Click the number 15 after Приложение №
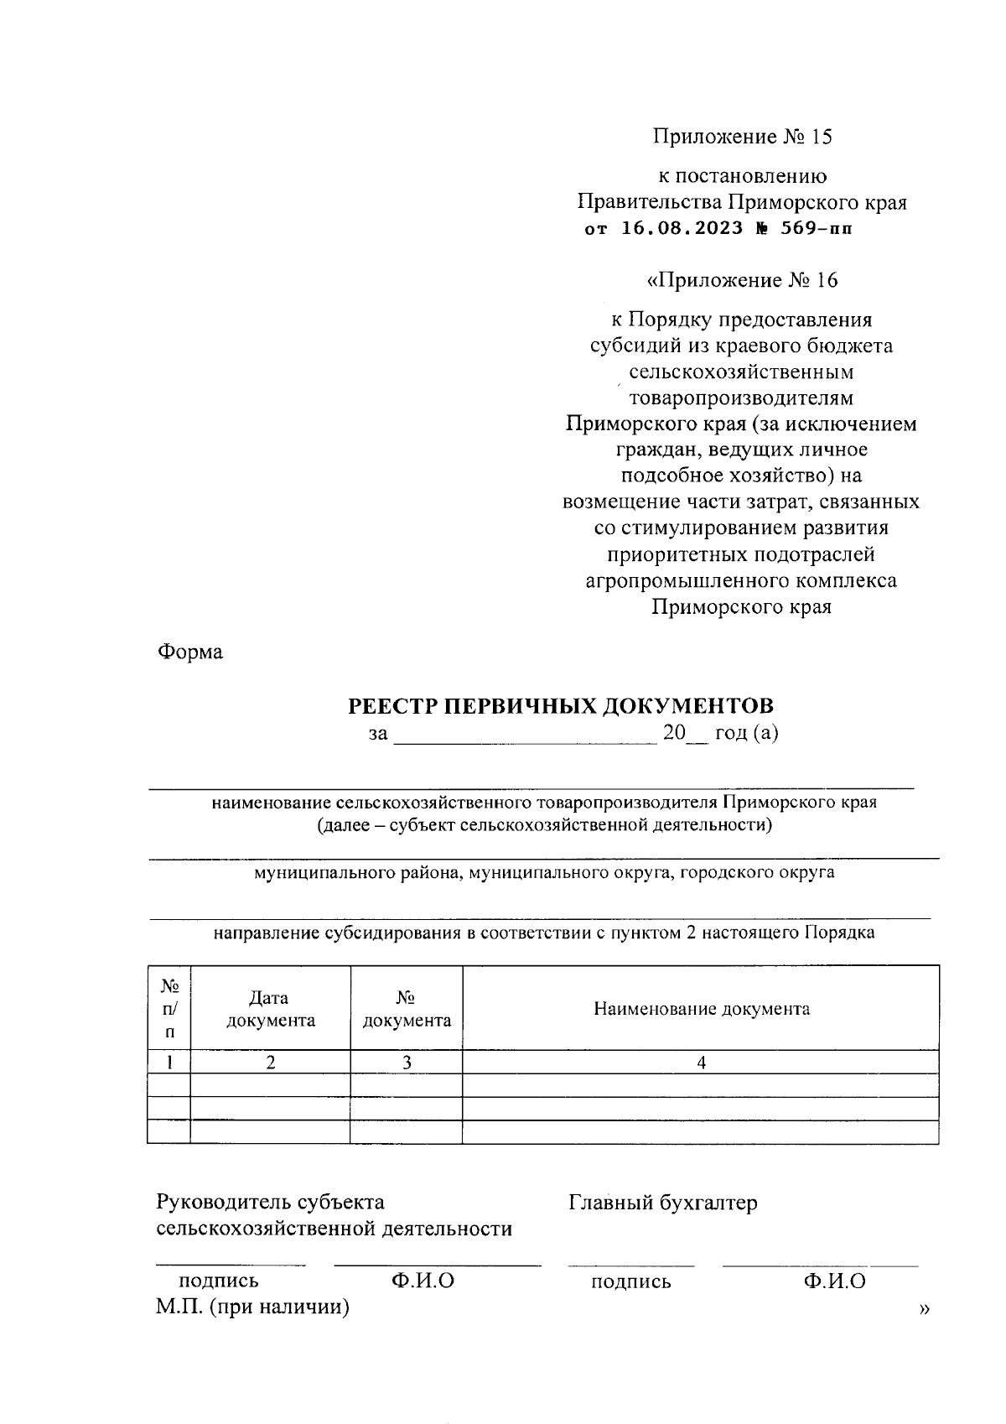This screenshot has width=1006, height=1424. pyautogui.click(x=821, y=137)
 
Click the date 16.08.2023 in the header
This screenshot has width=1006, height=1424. pyautogui.click(x=682, y=228)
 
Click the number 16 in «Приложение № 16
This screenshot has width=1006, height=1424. pyautogui.click(x=826, y=280)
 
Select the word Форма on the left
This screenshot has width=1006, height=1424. pyautogui.click(x=189, y=652)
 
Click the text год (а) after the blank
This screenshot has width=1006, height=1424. pyautogui.click(x=746, y=733)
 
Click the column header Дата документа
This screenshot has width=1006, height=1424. pyautogui.click(x=270, y=1009)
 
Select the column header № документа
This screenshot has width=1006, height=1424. pyautogui.click(x=407, y=1009)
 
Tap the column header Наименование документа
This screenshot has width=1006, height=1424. pyautogui.click(x=702, y=1009)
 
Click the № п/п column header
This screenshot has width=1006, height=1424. pyautogui.click(x=169, y=1008)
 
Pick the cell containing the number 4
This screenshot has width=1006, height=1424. pyautogui.click(x=702, y=1063)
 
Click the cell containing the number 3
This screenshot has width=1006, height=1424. pyautogui.click(x=407, y=1063)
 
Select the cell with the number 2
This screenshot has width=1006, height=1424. pyautogui.click(x=270, y=1063)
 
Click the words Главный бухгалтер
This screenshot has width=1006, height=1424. pyautogui.click(x=663, y=1203)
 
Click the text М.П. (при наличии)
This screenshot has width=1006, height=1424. pyautogui.click(x=252, y=1307)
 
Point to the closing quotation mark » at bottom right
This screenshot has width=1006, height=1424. pyautogui.click(x=925, y=1308)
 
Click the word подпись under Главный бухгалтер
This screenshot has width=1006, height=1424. pyautogui.click(x=631, y=1281)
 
